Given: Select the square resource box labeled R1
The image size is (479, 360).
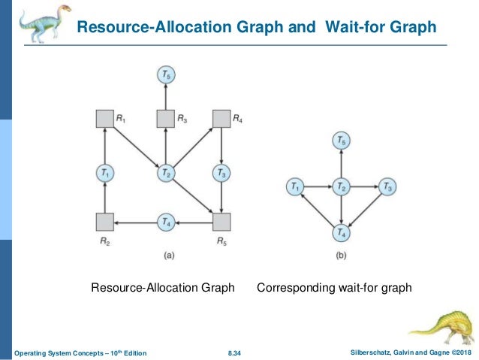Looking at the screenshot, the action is click(105, 119).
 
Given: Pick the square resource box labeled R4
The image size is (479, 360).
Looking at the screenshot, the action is click(221, 119).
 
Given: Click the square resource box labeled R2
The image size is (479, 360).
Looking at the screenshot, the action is click(105, 221).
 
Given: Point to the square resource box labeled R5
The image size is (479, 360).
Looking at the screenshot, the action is click(221, 221).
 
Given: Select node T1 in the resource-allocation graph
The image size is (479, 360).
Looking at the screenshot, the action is click(105, 174).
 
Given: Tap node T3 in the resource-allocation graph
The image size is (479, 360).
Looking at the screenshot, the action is click(221, 174).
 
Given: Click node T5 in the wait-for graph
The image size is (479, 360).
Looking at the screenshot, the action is click(342, 141).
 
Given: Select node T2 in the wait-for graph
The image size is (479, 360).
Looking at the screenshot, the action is click(342, 186).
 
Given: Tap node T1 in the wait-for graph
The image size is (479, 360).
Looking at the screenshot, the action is click(297, 186).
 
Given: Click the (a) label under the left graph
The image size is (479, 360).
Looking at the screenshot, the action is click(169, 255).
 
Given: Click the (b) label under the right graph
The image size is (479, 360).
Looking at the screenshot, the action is click(342, 255).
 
